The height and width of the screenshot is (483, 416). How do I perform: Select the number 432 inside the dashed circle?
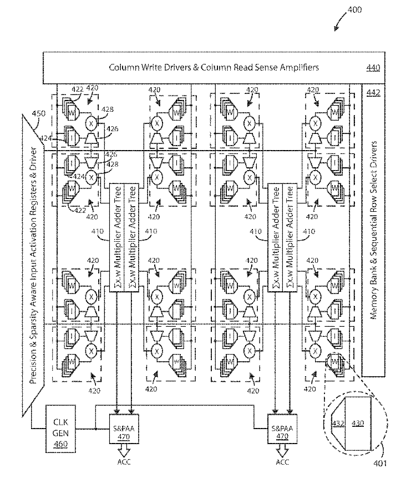point(338,423)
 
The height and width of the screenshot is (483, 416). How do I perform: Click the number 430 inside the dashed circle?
point(358,423)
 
